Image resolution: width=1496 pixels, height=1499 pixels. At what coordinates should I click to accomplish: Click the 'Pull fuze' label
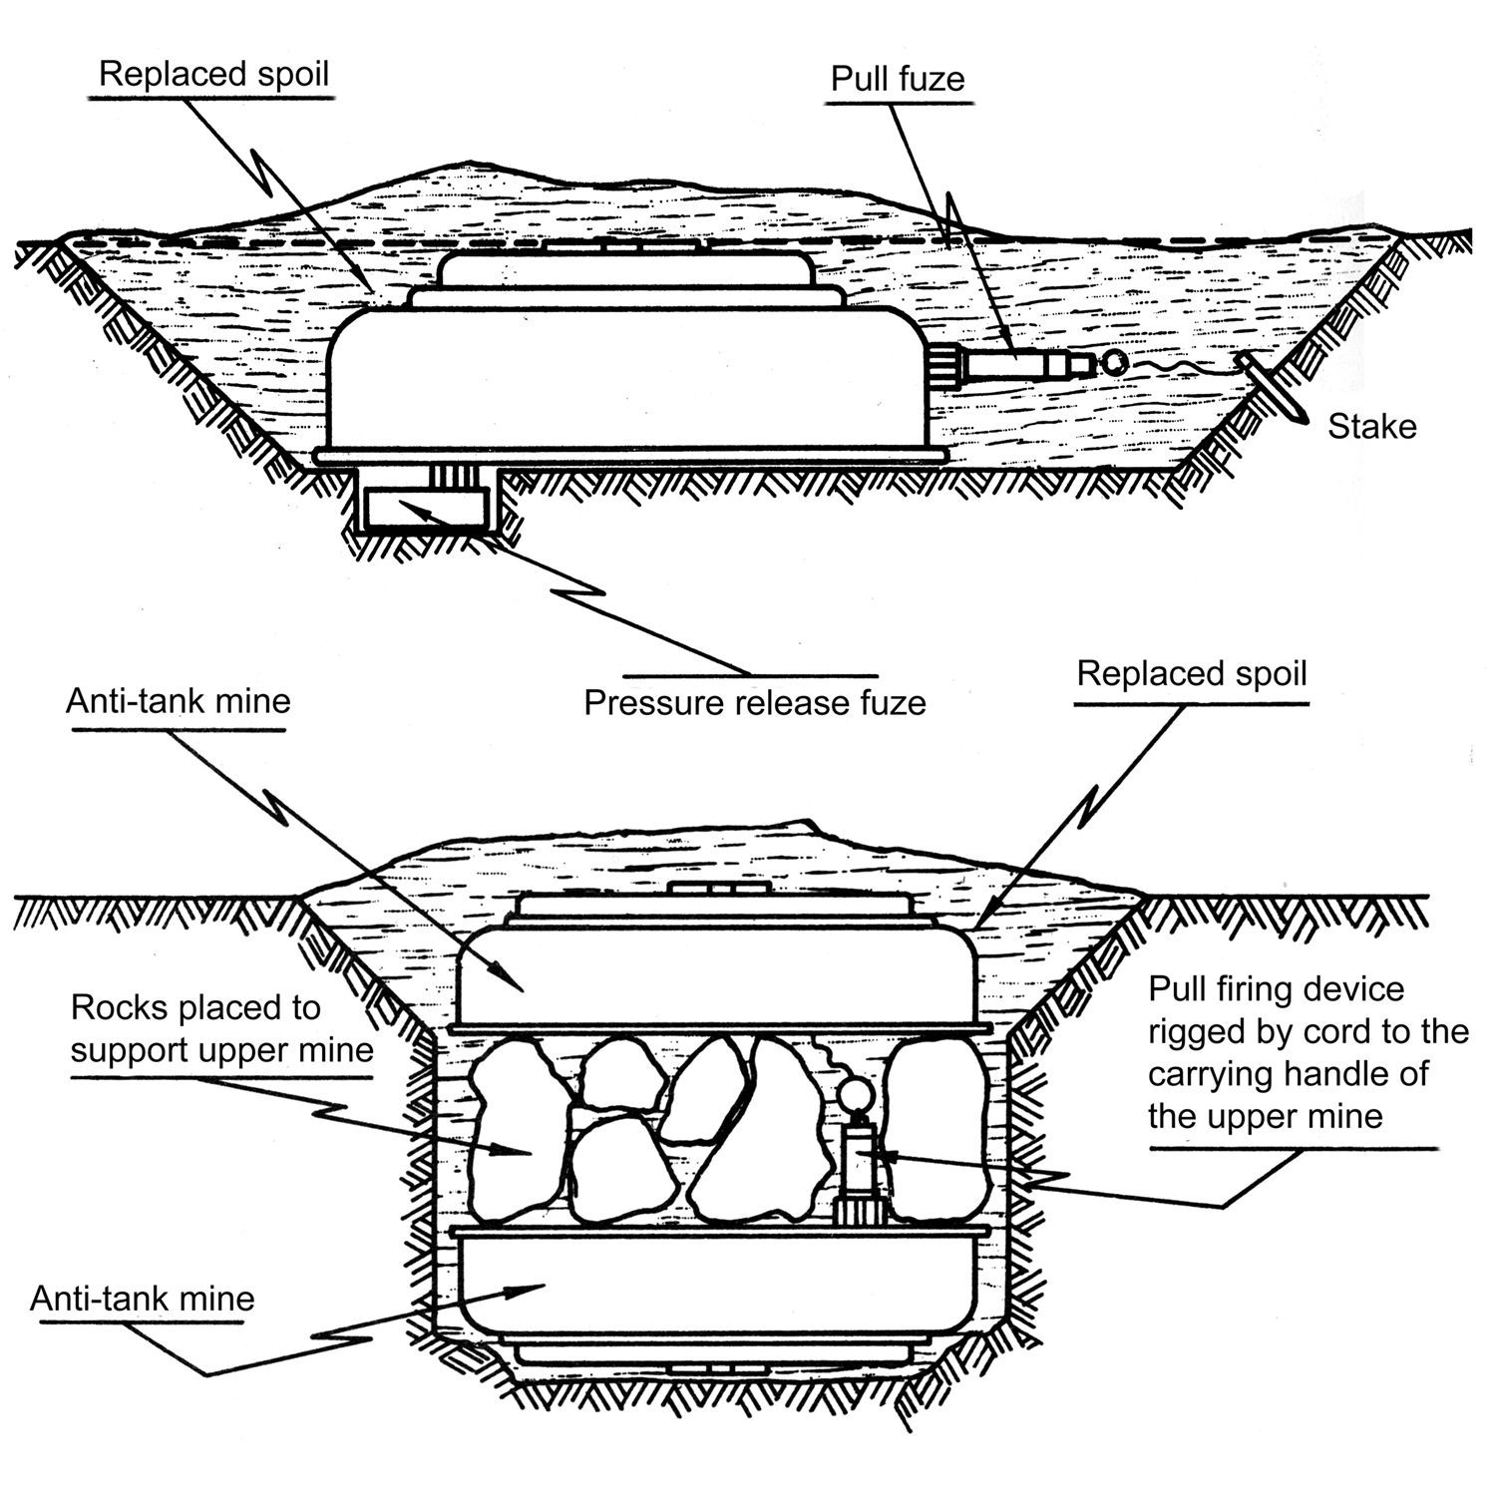click(x=898, y=80)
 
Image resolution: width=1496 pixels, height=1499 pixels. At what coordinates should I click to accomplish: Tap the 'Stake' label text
click(x=1371, y=427)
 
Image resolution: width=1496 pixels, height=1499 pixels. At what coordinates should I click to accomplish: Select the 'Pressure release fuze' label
click(x=754, y=703)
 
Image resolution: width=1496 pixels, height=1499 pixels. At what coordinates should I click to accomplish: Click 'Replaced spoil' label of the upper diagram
click(x=213, y=75)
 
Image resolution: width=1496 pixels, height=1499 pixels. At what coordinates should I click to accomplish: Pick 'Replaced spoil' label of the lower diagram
click(x=1191, y=674)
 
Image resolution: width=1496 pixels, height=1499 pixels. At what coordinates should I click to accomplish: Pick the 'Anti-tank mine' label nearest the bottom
click(x=142, y=1299)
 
